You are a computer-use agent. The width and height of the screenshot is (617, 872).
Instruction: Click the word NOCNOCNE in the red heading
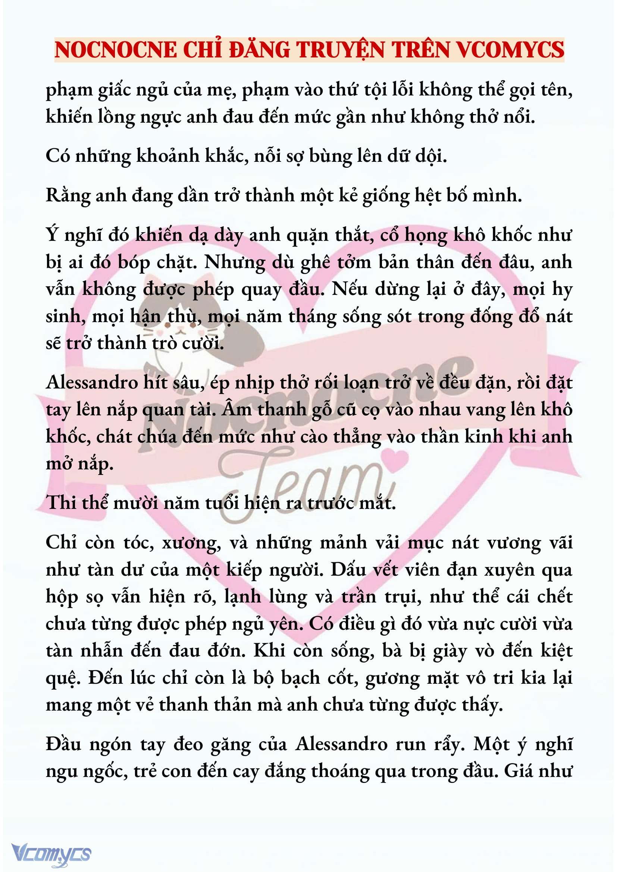[x=116, y=50]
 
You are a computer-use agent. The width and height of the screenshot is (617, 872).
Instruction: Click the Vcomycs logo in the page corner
[x=51, y=854]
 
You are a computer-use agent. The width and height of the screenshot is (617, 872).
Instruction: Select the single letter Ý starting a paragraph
[x=52, y=235]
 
